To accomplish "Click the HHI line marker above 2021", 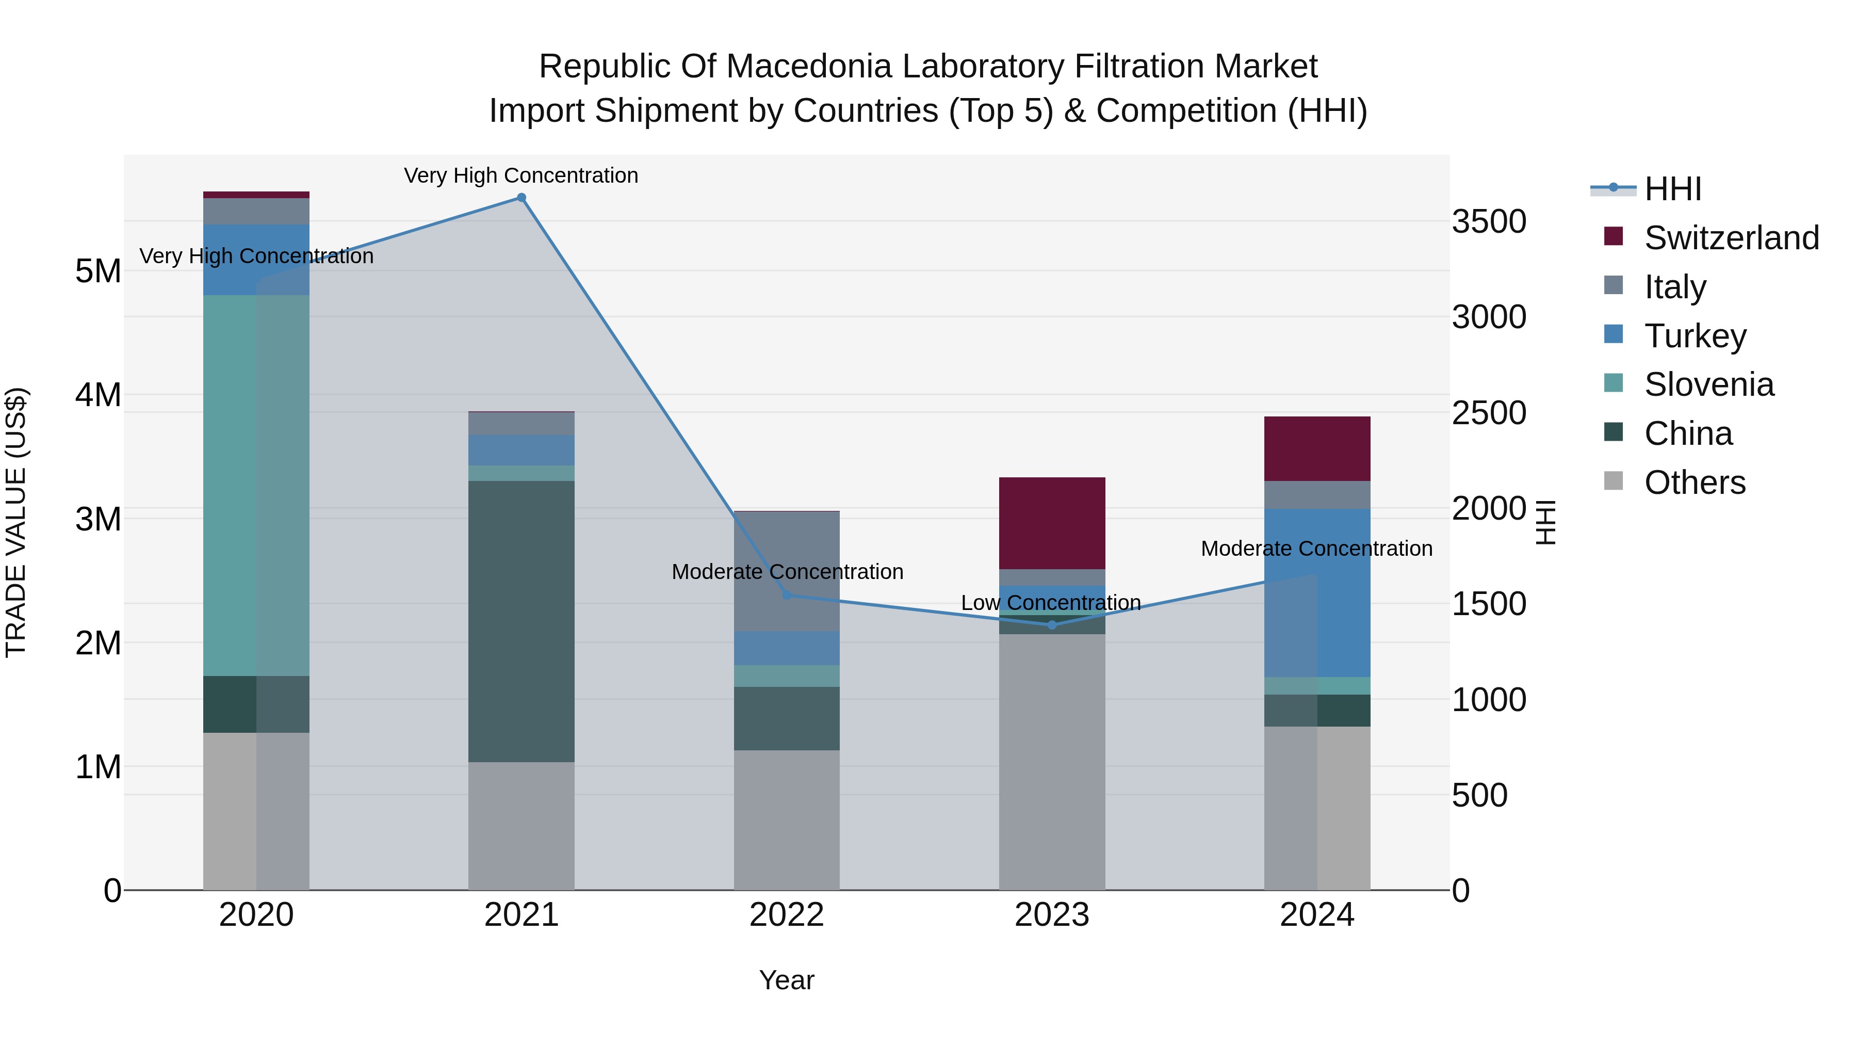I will [521, 198].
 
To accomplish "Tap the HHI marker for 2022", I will [787, 595].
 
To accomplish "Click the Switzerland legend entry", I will [1731, 238].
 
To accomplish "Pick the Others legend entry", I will [1694, 483].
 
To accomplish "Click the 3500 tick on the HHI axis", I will [1489, 221].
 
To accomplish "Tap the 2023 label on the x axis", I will [1052, 915].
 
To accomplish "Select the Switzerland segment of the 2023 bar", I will [1052, 523].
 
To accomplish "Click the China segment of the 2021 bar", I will [521, 620].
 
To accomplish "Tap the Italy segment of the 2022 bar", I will [787, 570].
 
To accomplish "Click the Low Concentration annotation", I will [1050, 602].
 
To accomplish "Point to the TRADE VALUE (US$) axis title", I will [16, 522].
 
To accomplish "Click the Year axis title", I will [787, 980].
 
